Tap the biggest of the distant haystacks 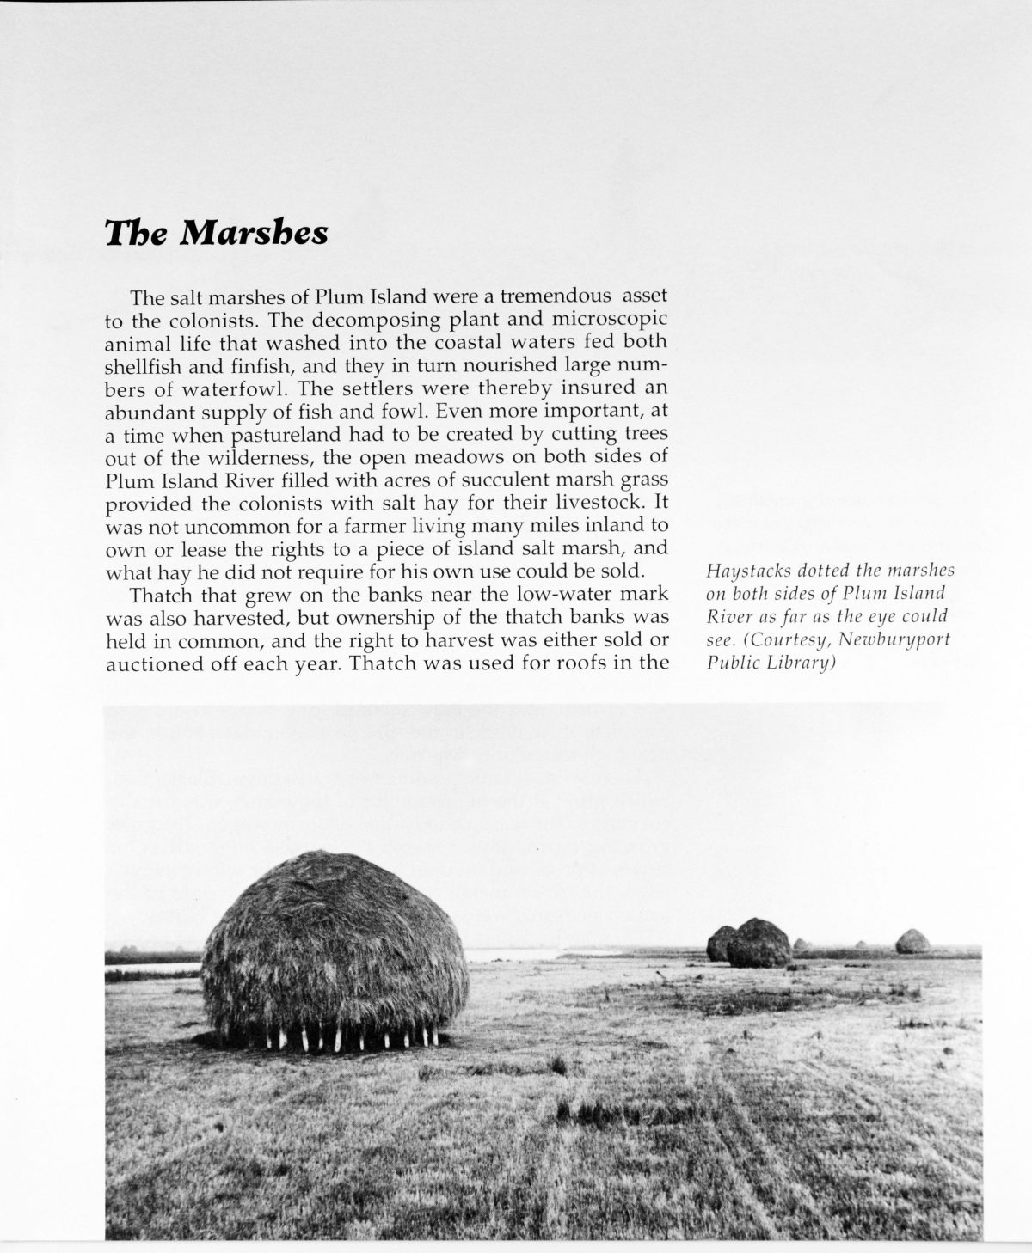click(x=758, y=943)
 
